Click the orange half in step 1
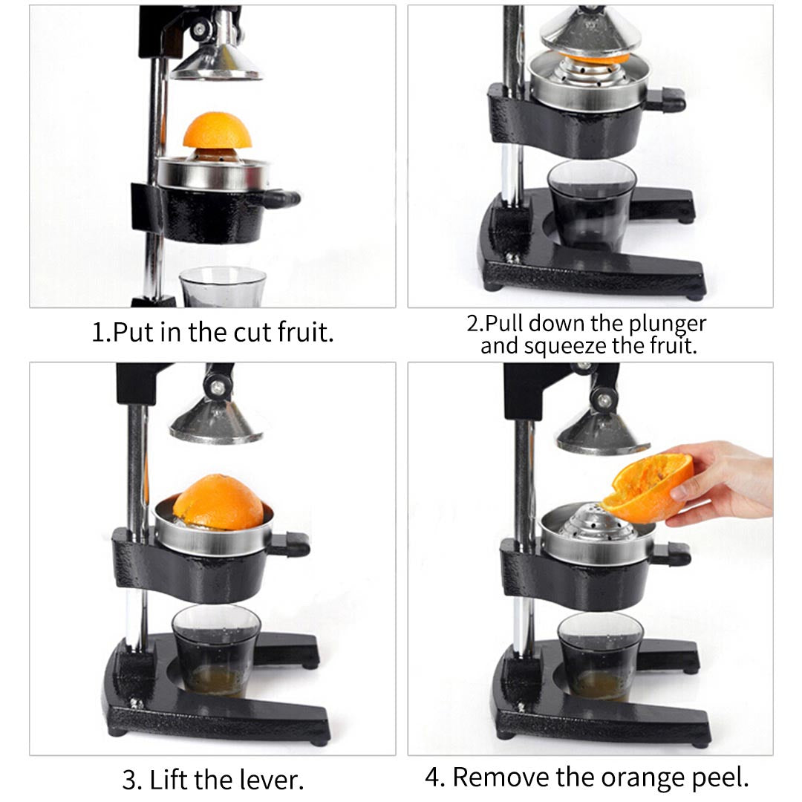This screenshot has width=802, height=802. point(217,132)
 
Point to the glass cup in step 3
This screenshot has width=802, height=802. point(215,650)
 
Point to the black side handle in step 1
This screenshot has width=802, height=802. point(280,198)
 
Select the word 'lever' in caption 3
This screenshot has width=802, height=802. point(273,780)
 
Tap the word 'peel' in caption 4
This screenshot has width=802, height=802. point(720,777)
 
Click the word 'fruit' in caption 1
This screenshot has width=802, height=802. point(305,331)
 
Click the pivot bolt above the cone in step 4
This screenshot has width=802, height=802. point(605,401)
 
